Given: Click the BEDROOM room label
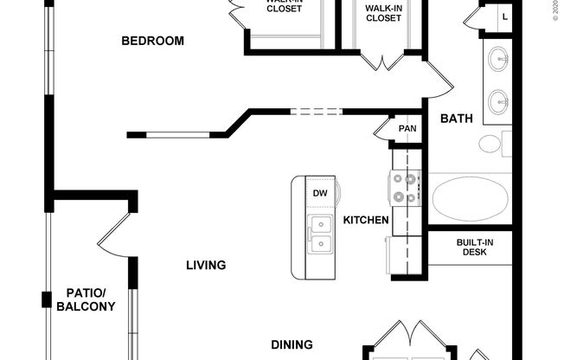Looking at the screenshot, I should click(x=152, y=41).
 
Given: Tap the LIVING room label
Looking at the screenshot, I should click(x=206, y=265).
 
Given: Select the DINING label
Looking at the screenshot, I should click(x=292, y=344).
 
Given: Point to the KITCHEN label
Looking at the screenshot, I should click(x=366, y=220).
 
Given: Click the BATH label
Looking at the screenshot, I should click(x=457, y=119).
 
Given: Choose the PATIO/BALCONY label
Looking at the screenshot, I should click(x=86, y=299).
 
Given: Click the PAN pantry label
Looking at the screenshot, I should click(x=407, y=129).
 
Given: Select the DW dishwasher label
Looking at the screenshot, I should click(x=319, y=193).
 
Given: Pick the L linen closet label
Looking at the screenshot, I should click(x=505, y=16).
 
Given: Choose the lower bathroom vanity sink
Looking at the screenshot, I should click(x=499, y=101).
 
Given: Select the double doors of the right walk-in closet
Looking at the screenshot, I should click(x=383, y=60).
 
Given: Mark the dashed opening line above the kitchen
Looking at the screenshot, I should click(x=316, y=111).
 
